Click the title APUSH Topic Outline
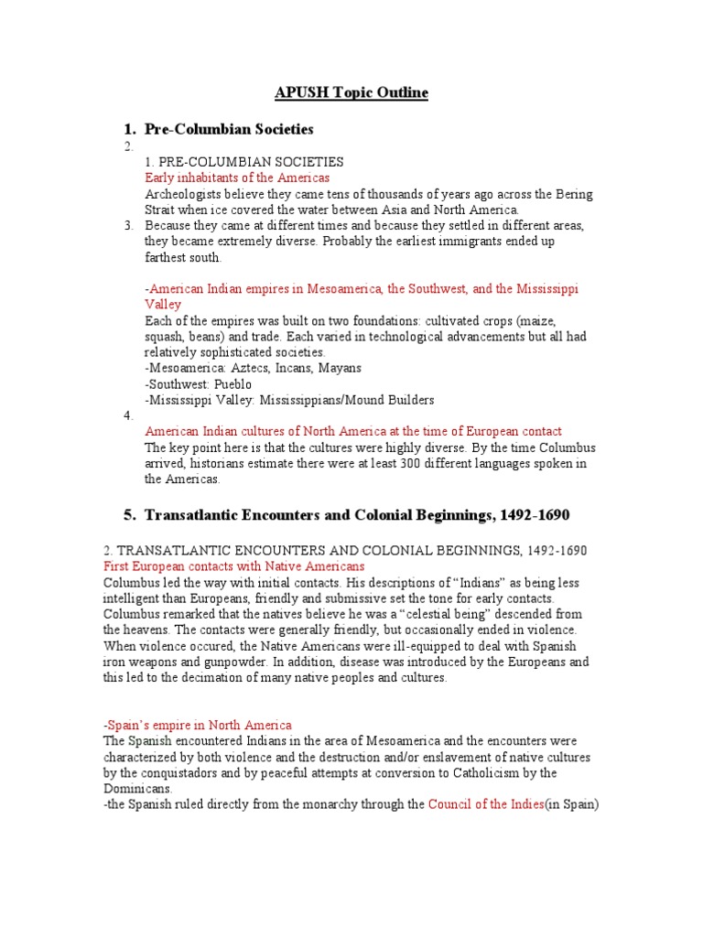tap(351, 92)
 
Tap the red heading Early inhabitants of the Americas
tap(237, 178)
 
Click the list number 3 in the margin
tap(128, 225)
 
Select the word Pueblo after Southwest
tap(233, 384)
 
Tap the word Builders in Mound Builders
tap(406, 400)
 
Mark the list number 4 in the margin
tap(128, 415)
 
